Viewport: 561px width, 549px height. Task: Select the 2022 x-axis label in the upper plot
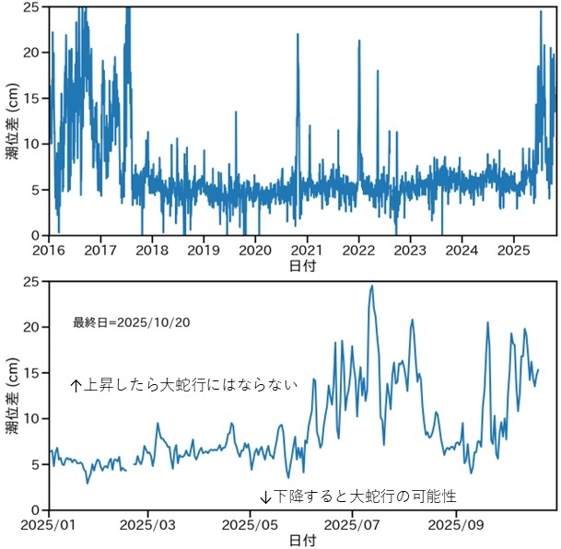point(358,249)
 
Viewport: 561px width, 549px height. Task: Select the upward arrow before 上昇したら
point(76,386)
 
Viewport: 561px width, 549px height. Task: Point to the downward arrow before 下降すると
point(265,496)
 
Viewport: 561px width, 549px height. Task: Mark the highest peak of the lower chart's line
point(372,286)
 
